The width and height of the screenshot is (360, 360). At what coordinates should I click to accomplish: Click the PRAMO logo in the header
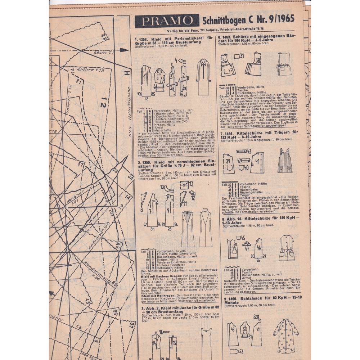coord(167,21)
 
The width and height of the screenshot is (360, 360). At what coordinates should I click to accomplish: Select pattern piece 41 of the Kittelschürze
coord(257,162)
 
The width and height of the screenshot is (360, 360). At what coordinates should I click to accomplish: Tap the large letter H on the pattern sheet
coord(126,73)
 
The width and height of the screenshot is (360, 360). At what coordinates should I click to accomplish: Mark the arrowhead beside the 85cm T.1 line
coord(124,49)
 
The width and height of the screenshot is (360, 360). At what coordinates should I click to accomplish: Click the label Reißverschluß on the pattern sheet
coord(99,238)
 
